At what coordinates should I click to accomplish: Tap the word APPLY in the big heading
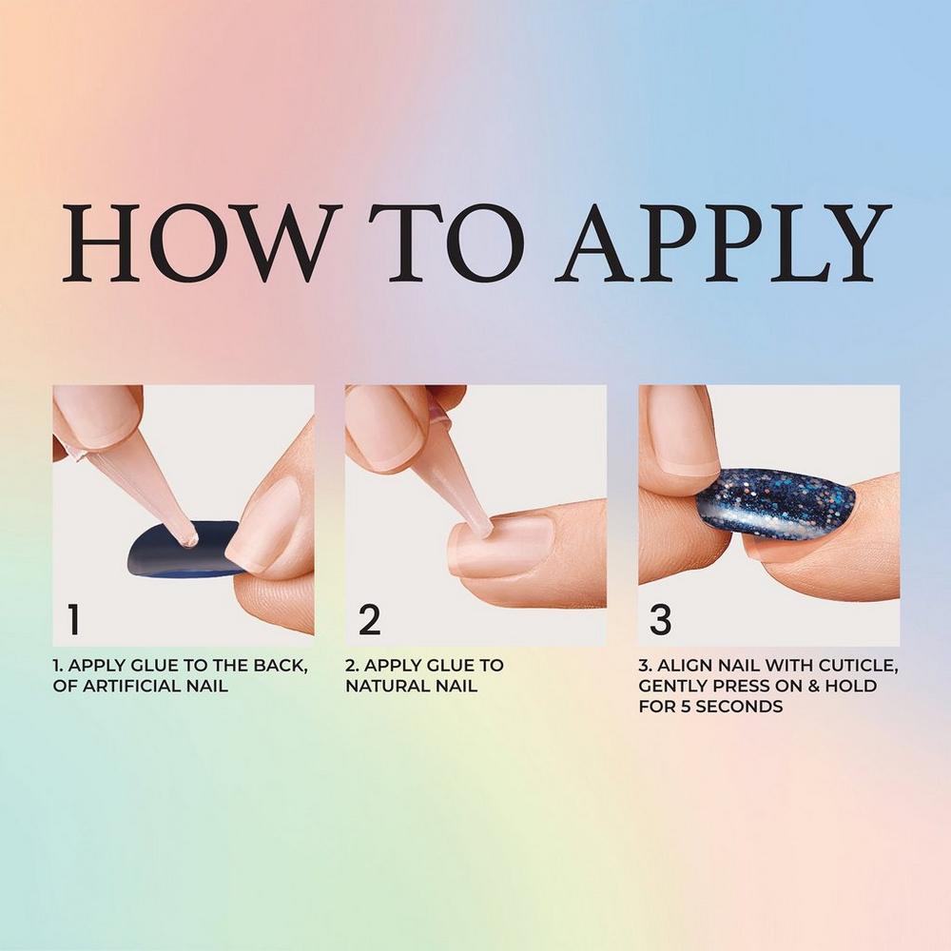pos(724,243)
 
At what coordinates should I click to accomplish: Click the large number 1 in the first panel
pos(74,619)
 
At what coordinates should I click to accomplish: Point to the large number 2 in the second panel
pos(369,619)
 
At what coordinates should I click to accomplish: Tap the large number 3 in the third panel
pos(661,619)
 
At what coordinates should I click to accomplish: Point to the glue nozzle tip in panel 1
pos(190,539)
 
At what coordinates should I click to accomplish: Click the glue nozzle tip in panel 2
pos(483,528)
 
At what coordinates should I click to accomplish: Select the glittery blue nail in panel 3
pos(776,503)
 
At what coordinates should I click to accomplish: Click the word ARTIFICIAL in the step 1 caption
pos(140,686)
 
